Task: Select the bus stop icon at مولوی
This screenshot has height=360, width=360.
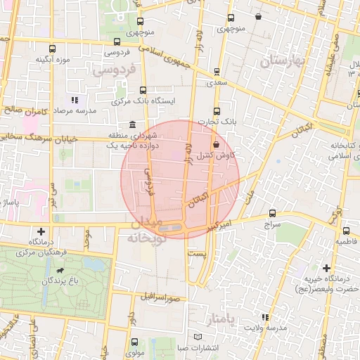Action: [x=134, y=342]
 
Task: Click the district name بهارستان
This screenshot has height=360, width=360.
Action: [x=290, y=62]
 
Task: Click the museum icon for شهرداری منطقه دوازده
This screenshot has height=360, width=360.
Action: [x=132, y=124]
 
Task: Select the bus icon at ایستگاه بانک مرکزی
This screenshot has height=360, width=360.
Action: [x=143, y=90]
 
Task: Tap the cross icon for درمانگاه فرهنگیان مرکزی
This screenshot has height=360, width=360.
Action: [x=41, y=231]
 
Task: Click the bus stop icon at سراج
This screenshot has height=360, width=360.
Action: [x=272, y=214]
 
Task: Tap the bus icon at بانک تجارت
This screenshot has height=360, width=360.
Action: [x=217, y=110]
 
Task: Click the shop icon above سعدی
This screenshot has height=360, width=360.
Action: [x=216, y=71]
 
